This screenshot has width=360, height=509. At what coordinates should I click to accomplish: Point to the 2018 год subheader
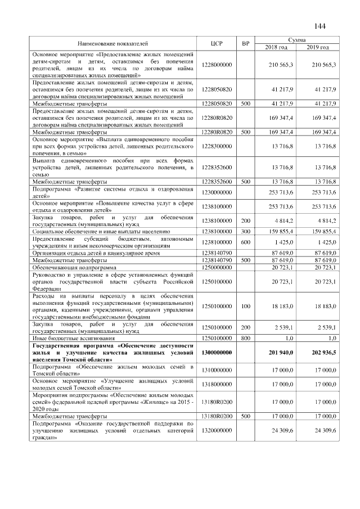275,47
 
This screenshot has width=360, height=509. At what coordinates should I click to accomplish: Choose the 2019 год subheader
318,47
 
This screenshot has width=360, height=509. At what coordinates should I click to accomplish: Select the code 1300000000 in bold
217,352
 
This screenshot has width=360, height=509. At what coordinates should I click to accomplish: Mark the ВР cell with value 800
245,339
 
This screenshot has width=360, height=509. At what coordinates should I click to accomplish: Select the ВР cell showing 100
245,306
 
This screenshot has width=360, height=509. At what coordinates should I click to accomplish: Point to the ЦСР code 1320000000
217,430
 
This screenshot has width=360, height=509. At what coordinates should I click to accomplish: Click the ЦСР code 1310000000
217,369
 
